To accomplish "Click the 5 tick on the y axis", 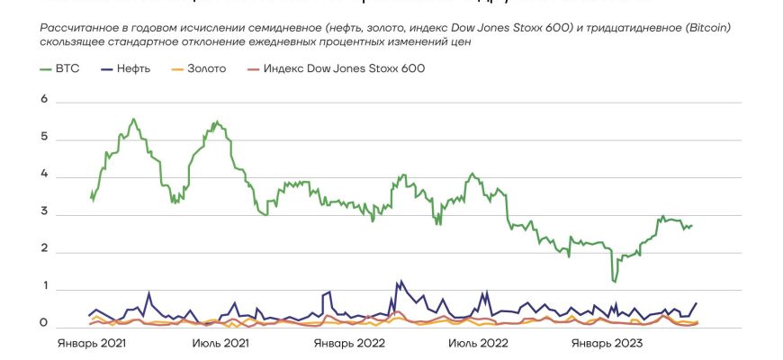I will (44, 139).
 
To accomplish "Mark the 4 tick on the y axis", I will (44, 177).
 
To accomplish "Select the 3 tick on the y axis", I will (44, 215).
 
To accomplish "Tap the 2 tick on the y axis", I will (44, 252).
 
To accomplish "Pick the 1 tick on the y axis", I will (44, 287).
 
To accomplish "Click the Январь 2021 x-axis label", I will (92, 344).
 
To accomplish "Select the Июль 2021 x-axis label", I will (220, 344).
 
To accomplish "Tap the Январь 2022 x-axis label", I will (349, 344).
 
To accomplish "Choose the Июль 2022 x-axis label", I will (478, 344).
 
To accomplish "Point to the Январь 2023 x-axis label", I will (607, 344).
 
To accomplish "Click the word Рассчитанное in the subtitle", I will (82, 29).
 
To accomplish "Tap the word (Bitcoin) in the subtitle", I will (707, 29).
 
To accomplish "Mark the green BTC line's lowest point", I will (615, 282).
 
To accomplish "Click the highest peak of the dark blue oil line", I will (399, 281).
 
